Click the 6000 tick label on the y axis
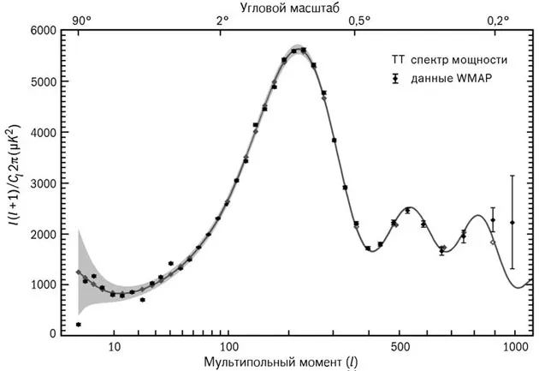coord(44,31)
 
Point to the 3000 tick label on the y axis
coord(44,183)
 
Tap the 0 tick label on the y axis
coord(53,334)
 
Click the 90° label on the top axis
coord(81,19)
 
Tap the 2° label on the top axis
coord(222,19)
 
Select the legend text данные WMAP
coord(453,78)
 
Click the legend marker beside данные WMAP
coord(395,78)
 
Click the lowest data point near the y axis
coord(78,325)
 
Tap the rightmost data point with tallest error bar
coord(512,222)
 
